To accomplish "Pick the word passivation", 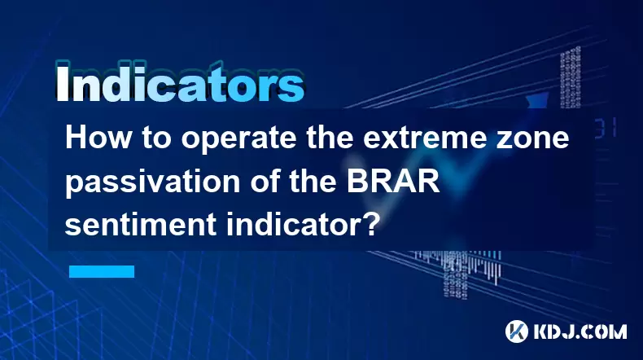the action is (152, 183).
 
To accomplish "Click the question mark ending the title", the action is (370, 224).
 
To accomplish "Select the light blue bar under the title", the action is (102, 271).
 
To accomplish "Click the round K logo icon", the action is (517, 331).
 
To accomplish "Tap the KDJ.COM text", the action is (580, 331).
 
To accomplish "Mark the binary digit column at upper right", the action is (571, 77).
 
